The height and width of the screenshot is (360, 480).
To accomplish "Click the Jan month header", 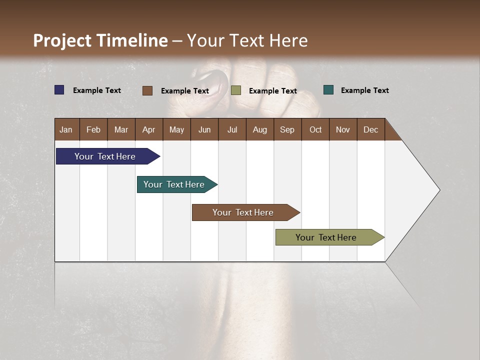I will point(66,129).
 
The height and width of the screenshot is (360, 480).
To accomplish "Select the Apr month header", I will point(149,129).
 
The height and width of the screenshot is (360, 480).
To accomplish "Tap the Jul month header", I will point(232,129).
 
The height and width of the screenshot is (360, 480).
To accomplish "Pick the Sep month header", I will point(287,129).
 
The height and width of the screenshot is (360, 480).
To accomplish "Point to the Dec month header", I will point(370,129).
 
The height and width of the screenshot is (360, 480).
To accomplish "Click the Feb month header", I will point(93,129).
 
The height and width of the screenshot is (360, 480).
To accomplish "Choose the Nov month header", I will point(343,129).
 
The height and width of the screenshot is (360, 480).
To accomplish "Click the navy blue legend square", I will point(59,90).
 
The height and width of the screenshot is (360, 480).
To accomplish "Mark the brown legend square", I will point(147,90).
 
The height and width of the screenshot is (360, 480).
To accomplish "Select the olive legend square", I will point(236,90).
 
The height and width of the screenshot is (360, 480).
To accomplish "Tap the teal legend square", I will point(328,90).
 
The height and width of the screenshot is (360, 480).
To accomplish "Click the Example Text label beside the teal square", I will point(364,90).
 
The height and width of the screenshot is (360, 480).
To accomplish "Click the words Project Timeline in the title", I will point(100,40).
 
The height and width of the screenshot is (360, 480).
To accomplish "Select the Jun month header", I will point(204,129).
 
